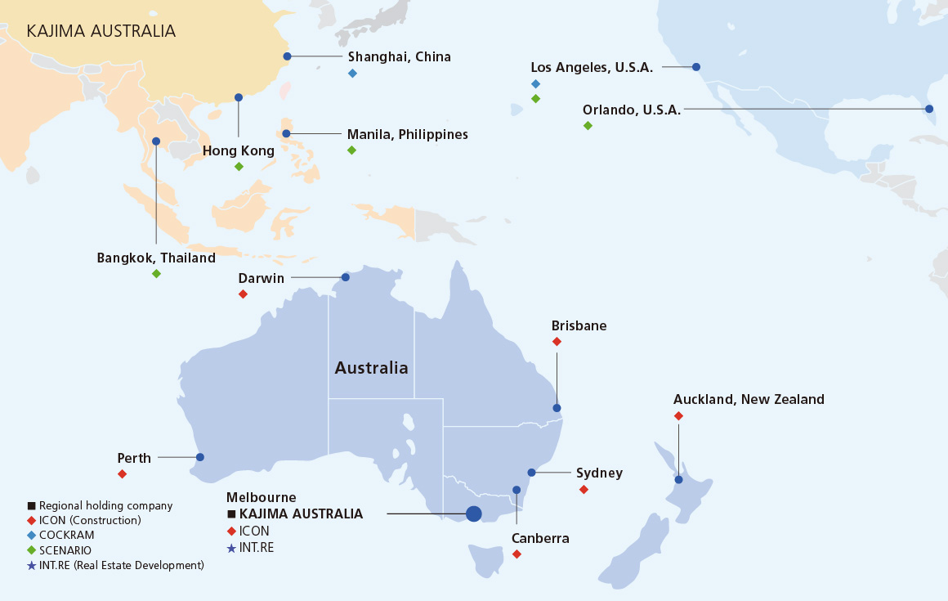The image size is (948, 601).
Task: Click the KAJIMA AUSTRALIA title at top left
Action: tap(101, 31)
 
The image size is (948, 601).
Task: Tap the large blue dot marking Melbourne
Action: tap(473, 514)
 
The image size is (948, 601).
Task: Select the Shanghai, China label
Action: tap(399, 56)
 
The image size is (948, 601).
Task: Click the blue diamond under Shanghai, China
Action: tap(352, 74)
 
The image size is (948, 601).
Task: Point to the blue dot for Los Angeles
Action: tap(696, 67)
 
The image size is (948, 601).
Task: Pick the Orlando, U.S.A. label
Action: tap(631, 110)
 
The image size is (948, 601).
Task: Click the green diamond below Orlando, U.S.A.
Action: tap(588, 125)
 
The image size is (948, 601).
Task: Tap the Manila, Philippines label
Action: tap(407, 134)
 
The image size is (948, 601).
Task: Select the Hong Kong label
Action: tap(239, 150)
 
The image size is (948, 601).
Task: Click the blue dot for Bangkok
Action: tap(156, 141)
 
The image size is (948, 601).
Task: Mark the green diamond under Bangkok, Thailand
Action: tap(156, 273)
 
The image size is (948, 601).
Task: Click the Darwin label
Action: tap(261, 278)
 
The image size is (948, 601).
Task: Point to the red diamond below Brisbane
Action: tap(557, 342)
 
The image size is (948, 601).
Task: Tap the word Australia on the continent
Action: tap(371, 368)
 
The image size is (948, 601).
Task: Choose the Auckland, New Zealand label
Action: tap(749, 400)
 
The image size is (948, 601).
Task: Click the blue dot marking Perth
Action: tap(200, 457)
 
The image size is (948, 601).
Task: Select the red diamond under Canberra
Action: tap(516, 554)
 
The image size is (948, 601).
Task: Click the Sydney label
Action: tap(599, 473)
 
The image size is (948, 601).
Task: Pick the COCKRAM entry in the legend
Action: tap(66, 535)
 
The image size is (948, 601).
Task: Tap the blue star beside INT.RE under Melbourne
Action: tap(231, 548)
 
